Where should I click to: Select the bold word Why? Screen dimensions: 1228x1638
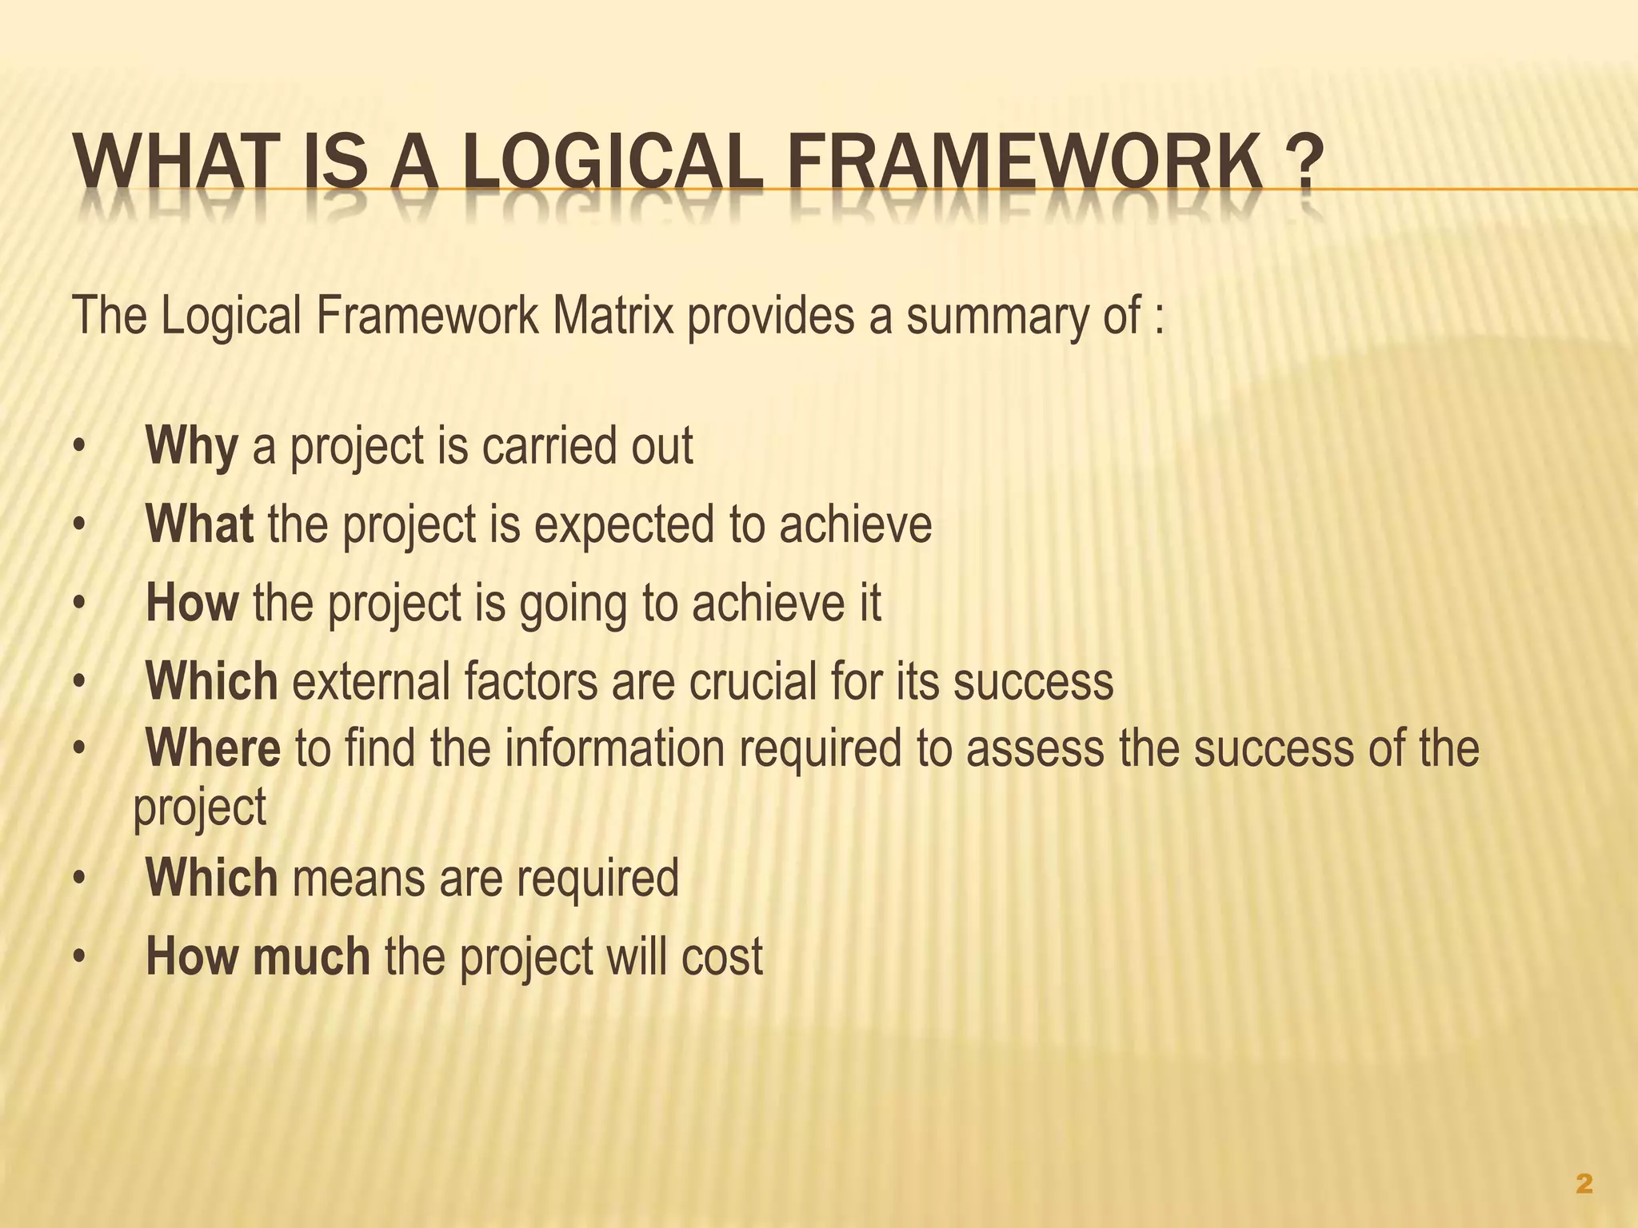192,447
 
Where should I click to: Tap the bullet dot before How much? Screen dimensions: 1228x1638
78,958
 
